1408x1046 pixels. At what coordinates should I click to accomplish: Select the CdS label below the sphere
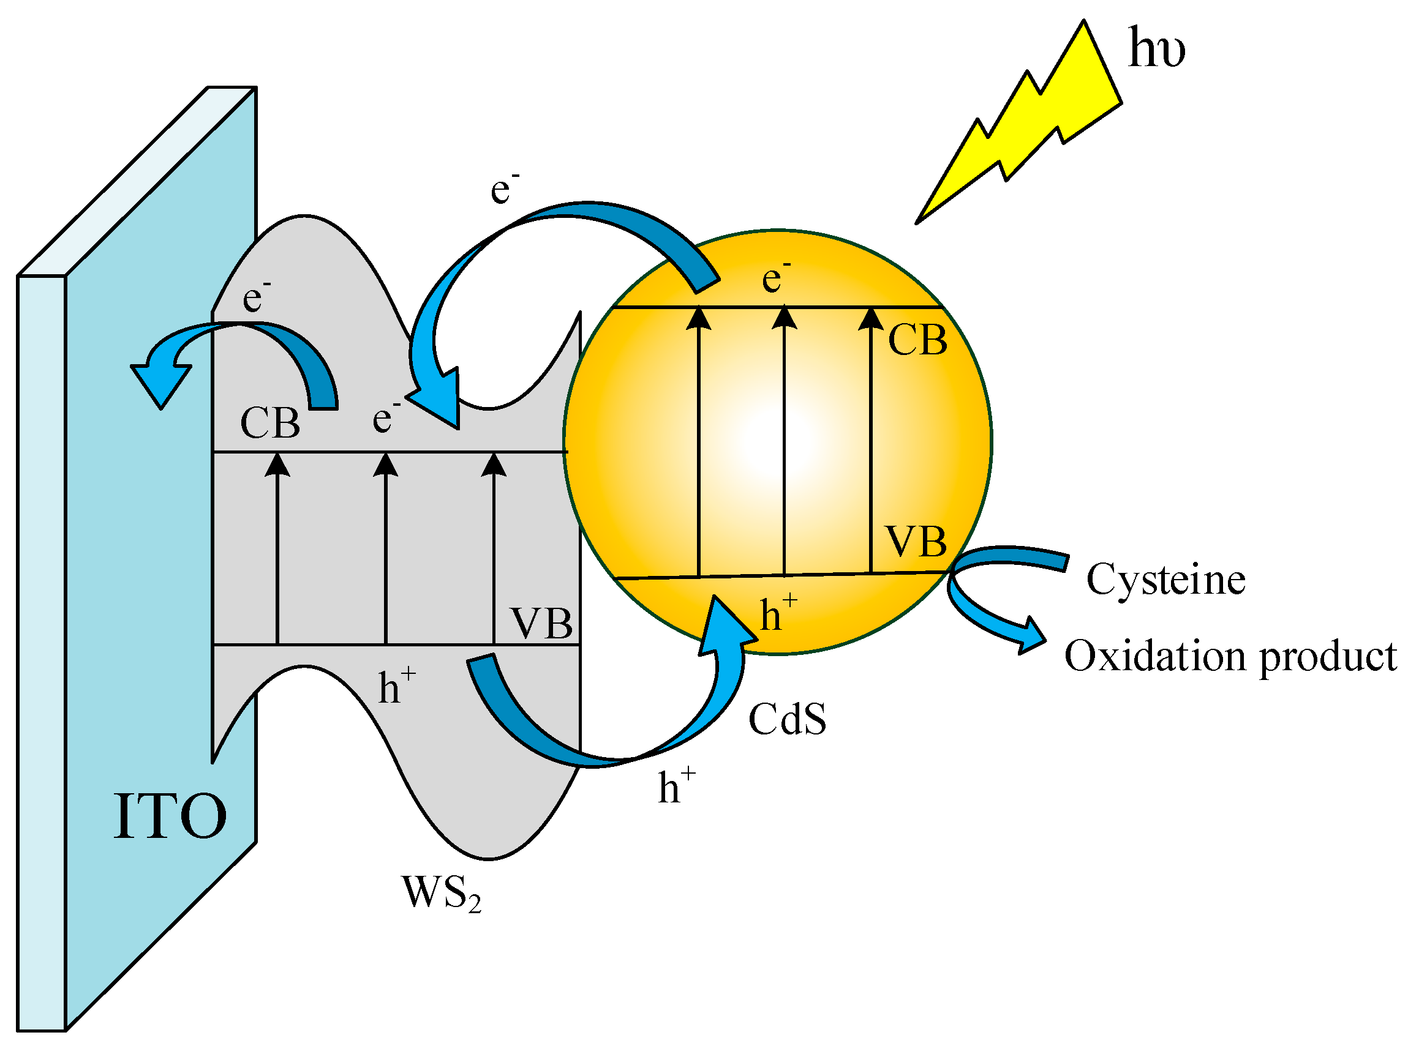point(787,719)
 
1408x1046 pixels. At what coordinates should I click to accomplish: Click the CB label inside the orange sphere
point(917,340)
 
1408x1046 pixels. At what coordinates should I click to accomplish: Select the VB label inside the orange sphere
point(916,542)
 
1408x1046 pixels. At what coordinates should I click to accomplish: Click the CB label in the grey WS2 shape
point(270,423)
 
